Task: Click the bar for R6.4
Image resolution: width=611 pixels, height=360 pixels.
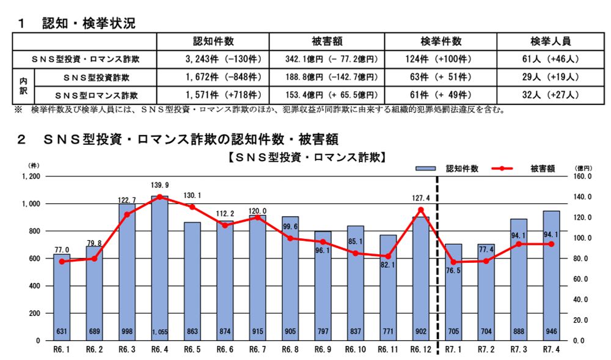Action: tap(159, 269)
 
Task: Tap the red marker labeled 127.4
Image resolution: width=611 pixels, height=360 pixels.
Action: tap(420, 210)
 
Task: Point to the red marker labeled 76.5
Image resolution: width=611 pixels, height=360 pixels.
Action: tap(453, 262)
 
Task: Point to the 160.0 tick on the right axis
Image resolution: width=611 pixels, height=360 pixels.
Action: tap(584, 176)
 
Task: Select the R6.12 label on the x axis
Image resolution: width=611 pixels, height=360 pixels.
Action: tap(420, 351)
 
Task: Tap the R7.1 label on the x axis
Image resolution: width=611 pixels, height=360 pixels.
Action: tap(453, 351)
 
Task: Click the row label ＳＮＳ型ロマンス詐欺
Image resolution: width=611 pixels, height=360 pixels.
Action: tap(96, 95)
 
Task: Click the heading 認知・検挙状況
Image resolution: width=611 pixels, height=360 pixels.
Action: tap(89, 23)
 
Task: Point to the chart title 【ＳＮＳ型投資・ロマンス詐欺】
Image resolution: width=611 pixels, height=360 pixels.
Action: tap(305, 157)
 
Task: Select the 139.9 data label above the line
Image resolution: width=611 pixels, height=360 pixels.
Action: tap(159, 185)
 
